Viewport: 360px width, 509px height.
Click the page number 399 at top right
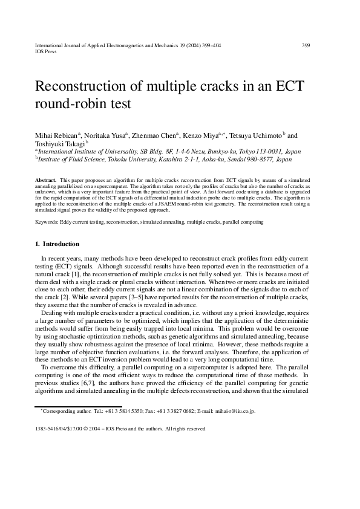coord(306,45)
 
